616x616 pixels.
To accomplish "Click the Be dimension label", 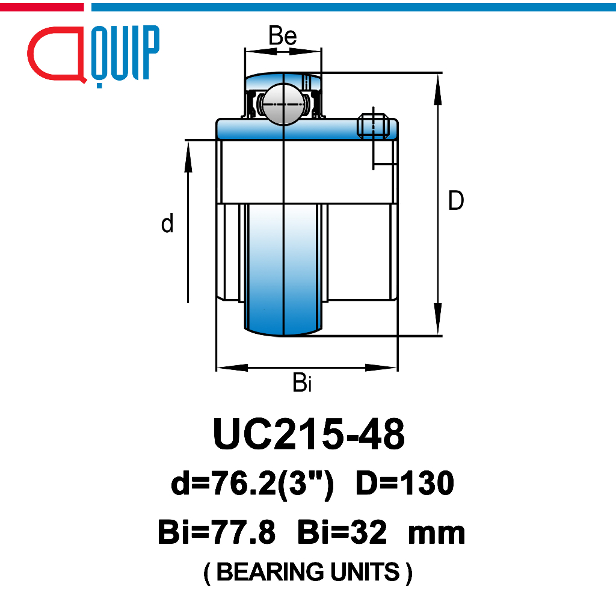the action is point(283,35).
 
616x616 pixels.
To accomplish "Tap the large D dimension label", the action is point(456,200).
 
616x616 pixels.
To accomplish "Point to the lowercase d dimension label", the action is point(167,223).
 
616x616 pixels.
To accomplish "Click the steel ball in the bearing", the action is point(283,105).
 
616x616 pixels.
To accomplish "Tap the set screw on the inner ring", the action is point(373,126).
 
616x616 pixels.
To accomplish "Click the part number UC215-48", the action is point(309,434).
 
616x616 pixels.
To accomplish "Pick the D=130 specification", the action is point(405,483).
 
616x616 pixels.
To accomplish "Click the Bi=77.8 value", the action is point(217,532).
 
